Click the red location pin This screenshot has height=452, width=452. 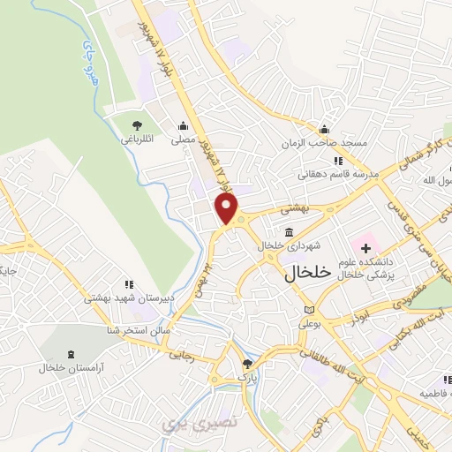tap(228, 208)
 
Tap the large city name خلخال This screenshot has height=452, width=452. tap(307, 274)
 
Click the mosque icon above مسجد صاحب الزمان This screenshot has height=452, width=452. tap(324, 130)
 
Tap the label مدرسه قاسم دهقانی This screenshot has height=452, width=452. tap(343, 174)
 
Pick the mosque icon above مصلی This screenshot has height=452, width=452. tap(183, 125)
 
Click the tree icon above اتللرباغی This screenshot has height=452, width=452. tap(136, 124)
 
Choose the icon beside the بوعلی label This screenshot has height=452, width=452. tap(308, 310)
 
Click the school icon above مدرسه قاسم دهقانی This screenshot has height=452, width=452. tap(337, 161)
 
